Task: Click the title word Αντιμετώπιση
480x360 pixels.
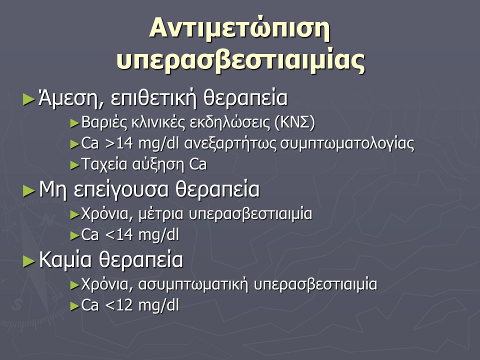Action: [x=240, y=29]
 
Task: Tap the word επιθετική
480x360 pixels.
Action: [x=153, y=98]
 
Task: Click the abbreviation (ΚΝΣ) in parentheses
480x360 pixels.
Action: [x=295, y=122]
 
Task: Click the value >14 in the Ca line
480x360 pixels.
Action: [x=119, y=143]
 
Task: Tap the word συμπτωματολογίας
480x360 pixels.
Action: [x=347, y=144]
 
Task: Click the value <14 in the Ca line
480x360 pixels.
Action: [x=119, y=235]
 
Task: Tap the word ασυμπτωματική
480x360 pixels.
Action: [x=193, y=284]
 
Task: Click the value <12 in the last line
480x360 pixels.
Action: [x=119, y=305]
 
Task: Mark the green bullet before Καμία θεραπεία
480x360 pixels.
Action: [x=29, y=261]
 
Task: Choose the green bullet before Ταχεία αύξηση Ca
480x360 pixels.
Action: [x=74, y=165]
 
